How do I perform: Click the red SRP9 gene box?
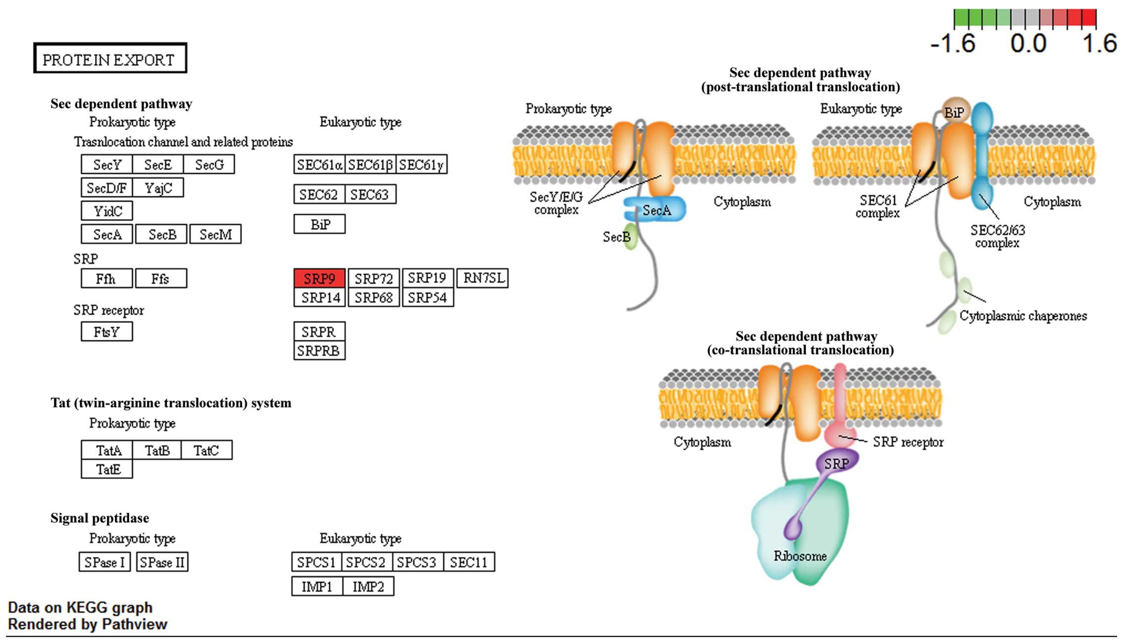(319, 279)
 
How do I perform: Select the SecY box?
(107, 164)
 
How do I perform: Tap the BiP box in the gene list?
(320, 224)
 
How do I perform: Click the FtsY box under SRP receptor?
(107, 332)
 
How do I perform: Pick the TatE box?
(107, 469)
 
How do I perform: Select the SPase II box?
(162, 562)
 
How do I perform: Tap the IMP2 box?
(368, 587)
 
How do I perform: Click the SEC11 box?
(469, 562)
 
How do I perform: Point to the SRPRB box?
(319, 351)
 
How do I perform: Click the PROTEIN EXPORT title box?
(110, 59)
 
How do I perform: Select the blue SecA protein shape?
(656, 209)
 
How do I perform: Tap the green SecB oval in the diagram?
(630, 237)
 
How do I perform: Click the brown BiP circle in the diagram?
(954, 111)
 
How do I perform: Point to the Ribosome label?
(800, 556)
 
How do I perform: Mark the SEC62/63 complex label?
(997, 237)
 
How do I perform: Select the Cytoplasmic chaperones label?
(1023, 316)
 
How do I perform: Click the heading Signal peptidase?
(100, 518)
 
